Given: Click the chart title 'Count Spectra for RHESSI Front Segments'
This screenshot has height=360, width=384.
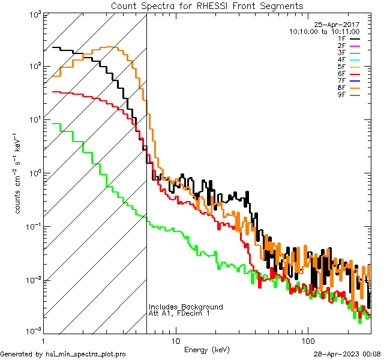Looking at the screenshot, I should click(x=207, y=5).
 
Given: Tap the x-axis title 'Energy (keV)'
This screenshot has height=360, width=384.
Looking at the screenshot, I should click(x=206, y=349).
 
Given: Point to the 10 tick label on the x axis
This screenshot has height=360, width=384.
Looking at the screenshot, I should click(x=175, y=340).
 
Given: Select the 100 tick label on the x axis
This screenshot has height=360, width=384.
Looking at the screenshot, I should click(x=307, y=340).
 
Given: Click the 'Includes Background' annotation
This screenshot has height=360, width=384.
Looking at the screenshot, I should click(x=186, y=307).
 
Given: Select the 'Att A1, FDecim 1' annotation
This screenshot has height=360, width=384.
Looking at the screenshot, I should click(x=179, y=314).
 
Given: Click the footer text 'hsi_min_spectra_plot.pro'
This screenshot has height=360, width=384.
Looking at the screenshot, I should click(x=86, y=355).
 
